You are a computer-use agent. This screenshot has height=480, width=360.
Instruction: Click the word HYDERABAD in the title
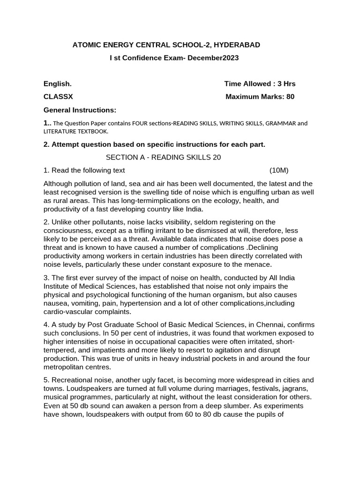[x=236, y=45]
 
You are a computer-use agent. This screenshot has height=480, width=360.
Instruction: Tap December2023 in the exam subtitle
[x=213, y=58]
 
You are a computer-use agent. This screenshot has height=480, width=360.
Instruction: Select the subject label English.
[x=58, y=84]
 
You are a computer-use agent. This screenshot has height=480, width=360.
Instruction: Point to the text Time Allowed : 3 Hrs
[x=260, y=84]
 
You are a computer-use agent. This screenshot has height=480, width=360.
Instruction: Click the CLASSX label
[x=58, y=97]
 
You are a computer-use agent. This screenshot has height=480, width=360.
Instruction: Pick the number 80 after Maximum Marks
[x=290, y=97]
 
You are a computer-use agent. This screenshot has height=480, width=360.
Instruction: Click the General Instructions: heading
[x=80, y=110]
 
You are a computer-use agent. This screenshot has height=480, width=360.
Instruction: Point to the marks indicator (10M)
[x=282, y=170]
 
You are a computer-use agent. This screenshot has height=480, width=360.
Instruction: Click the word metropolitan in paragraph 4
[x=66, y=367]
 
